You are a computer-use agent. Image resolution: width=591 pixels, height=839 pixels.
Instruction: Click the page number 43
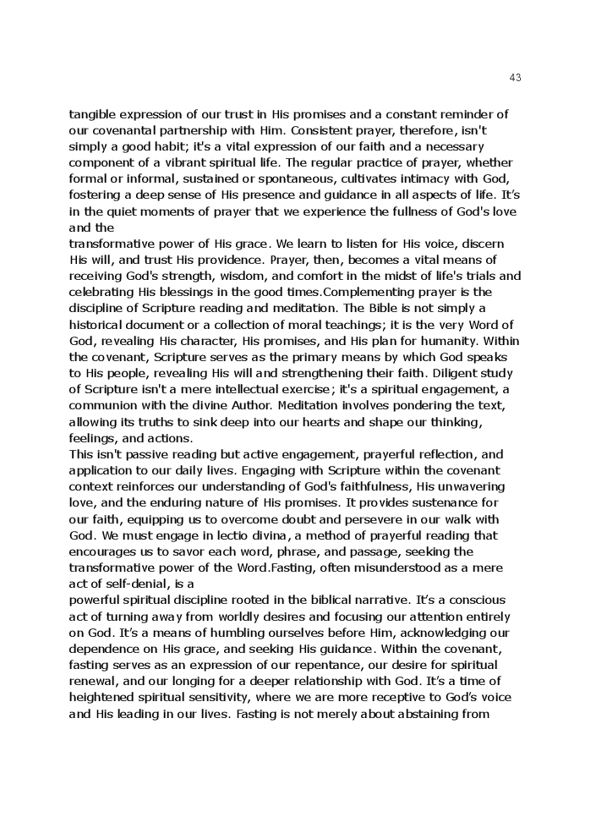click(516, 78)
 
